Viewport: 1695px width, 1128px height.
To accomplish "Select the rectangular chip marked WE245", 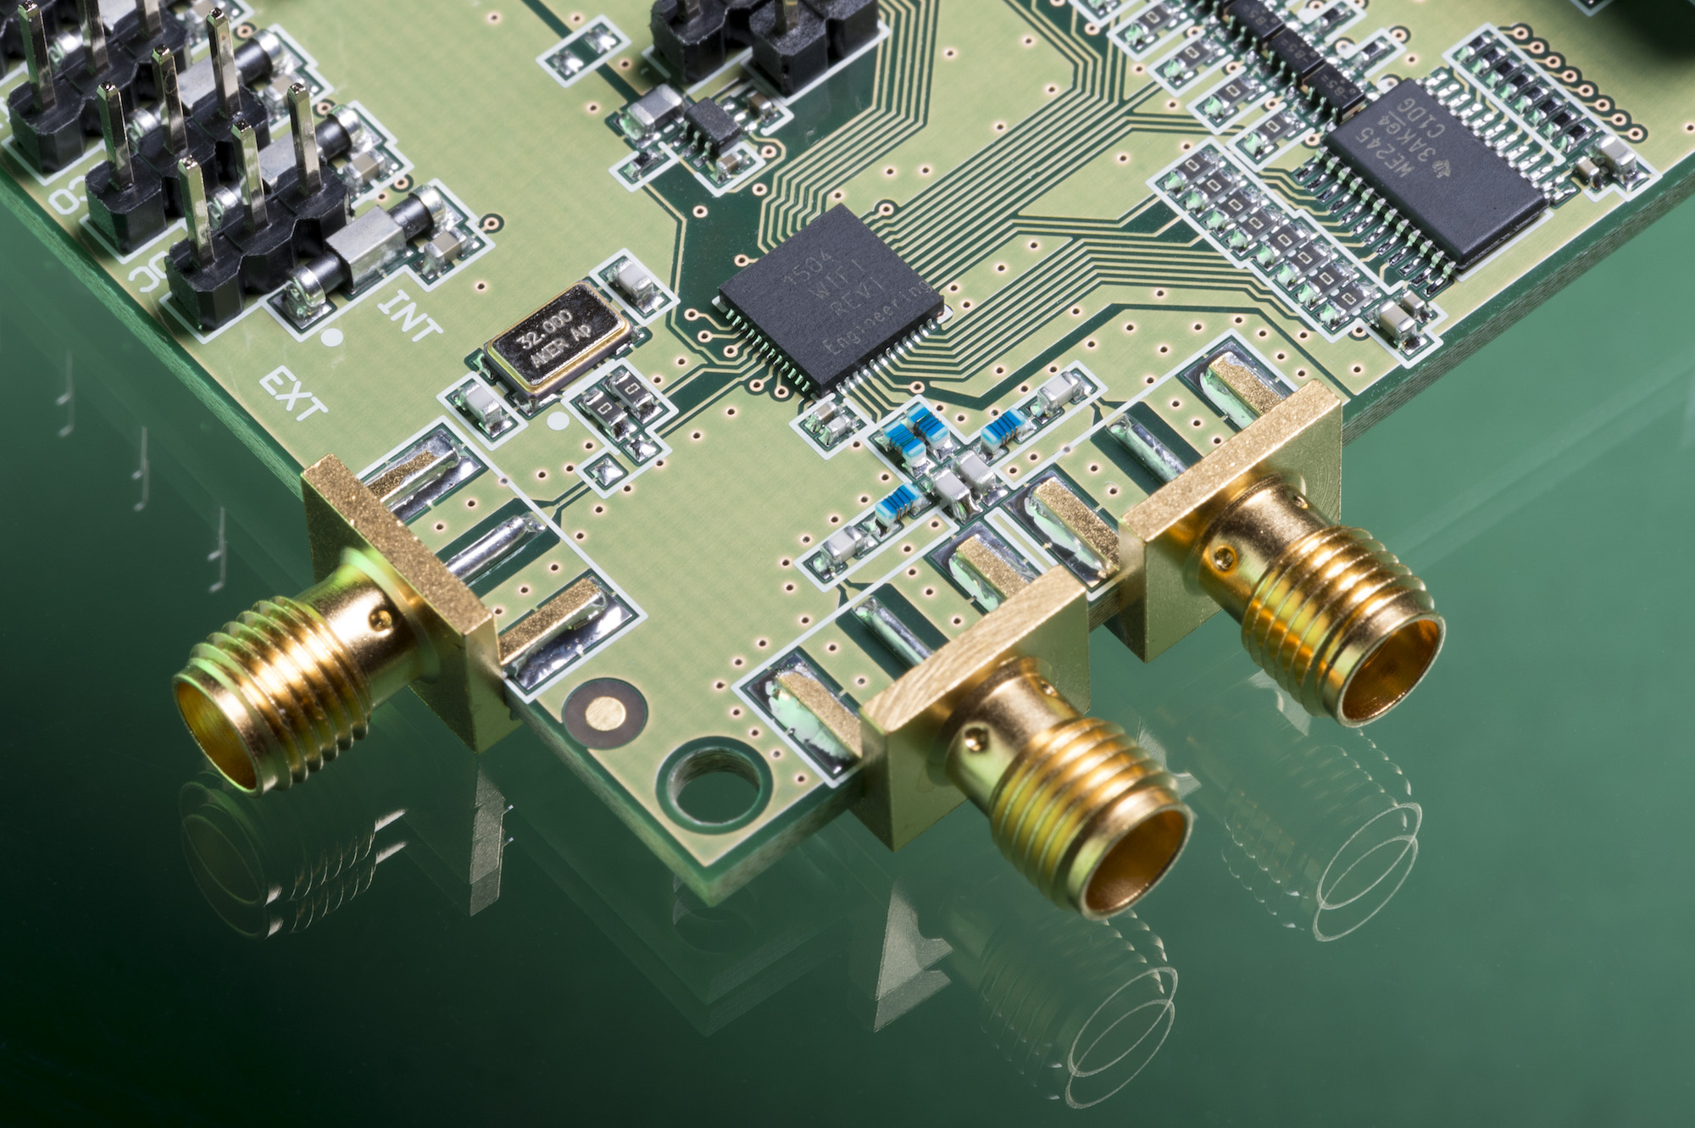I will [x=1432, y=169].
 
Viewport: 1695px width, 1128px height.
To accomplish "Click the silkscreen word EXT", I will [x=292, y=394].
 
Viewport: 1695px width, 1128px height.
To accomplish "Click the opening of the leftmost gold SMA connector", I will [x=216, y=737].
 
